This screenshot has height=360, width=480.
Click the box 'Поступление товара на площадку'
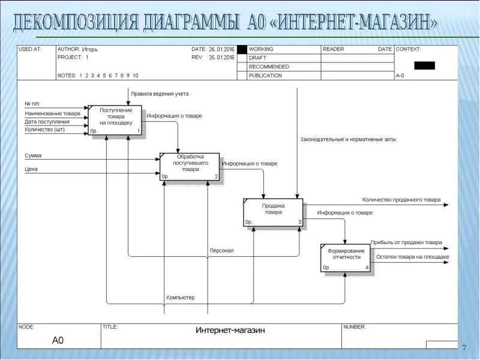(115, 119)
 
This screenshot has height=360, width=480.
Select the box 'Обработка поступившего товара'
(190, 166)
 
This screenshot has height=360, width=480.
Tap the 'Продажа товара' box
(273, 212)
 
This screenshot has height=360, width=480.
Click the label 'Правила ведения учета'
(160, 94)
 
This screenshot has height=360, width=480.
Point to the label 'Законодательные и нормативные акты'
(348, 139)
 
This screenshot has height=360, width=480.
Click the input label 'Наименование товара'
(52, 113)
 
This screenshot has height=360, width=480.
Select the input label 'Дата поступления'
(47, 121)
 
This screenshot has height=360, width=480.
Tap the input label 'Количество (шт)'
(44, 129)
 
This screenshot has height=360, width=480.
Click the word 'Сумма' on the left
(33, 155)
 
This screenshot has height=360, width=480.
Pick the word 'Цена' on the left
(31, 169)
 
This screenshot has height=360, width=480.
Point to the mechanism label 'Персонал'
(221, 250)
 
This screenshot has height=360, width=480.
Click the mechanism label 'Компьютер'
(181, 297)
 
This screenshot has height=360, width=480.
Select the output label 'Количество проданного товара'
(401, 200)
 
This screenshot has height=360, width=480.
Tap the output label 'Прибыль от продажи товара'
(406, 242)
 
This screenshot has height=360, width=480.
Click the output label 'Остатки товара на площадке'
(413, 257)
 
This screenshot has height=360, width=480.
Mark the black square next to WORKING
(242, 49)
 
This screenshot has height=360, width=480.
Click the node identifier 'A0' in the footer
(58, 340)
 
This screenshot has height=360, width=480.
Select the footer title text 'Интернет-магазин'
(230, 330)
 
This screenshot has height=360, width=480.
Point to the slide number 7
(464, 348)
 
